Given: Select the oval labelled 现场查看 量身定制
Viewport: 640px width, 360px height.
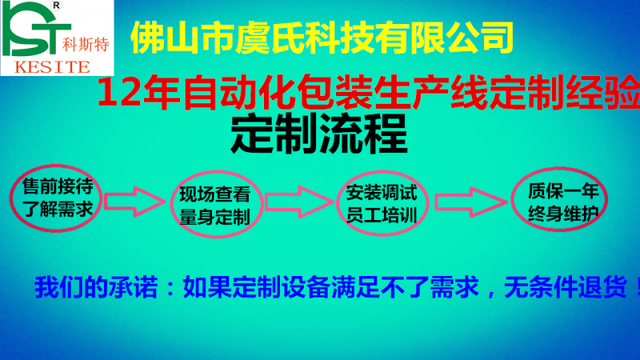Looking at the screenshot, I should pos(214,205).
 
